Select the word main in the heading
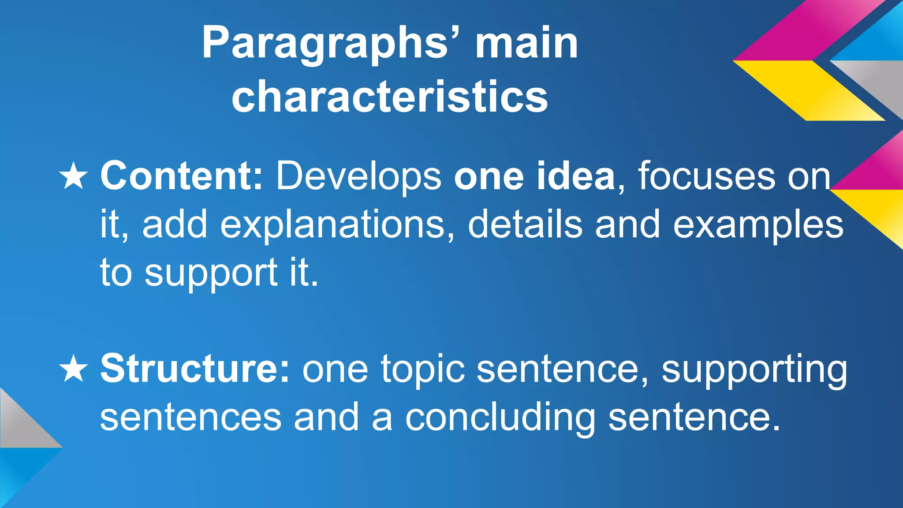click(526, 43)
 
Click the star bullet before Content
click(73, 176)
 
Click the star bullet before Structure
click(73, 370)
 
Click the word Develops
click(358, 177)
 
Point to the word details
click(525, 225)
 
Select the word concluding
click(500, 418)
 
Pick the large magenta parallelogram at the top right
click(807, 31)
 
